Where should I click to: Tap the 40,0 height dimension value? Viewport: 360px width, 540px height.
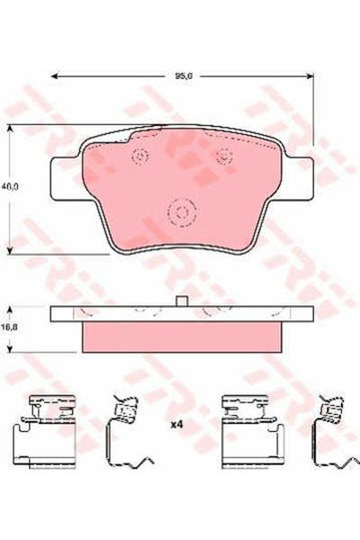10,188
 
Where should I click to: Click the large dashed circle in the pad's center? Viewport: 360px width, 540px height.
182,213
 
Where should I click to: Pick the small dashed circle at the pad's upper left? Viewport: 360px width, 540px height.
139,158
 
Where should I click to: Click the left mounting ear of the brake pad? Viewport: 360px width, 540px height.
66,175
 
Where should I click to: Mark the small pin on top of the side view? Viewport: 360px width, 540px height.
181,302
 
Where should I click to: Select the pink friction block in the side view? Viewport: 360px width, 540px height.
180,337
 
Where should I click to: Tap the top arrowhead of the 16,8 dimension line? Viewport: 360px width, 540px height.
10,308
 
